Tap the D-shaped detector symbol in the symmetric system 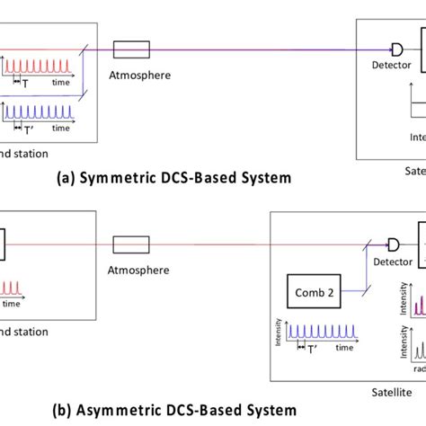(397, 49)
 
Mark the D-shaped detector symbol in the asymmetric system (392, 244)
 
